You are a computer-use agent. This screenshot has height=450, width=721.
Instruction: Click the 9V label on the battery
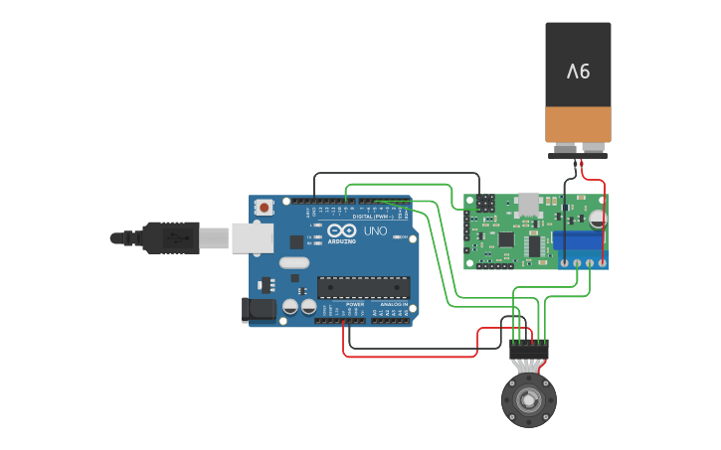(x=578, y=72)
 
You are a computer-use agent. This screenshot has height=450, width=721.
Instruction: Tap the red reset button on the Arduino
(x=264, y=208)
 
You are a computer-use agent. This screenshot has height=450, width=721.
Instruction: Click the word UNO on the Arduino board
(x=375, y=231)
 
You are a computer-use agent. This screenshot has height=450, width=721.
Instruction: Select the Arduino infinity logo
(x=340, y=231)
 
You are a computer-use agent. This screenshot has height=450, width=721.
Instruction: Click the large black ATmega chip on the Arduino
(x=363, y=287)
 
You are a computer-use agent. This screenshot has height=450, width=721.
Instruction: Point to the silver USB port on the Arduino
(x=253, y=237)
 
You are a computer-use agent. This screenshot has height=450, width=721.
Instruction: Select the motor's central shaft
(x=528, y=400)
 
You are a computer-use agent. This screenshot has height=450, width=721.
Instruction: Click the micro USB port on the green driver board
(x=528, y=203)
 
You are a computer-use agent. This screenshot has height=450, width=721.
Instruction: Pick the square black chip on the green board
(x=505, y=239)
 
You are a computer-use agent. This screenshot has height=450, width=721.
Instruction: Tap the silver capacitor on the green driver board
(x=597, y=218)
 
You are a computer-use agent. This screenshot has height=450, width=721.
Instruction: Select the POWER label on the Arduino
(x=355, y=304)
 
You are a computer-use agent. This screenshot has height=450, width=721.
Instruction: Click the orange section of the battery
(x=578, y=124)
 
